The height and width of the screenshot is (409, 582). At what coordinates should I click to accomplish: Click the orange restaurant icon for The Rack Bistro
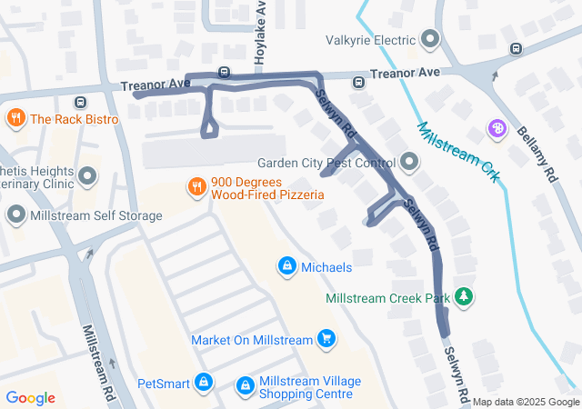tap(15, 118)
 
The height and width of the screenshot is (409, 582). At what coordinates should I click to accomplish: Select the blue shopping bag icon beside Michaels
tap(286, 266)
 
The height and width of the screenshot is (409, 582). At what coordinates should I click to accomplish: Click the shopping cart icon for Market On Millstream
tap(326, 340)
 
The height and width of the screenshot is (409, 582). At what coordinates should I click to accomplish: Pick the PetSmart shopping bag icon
tap(203, 383)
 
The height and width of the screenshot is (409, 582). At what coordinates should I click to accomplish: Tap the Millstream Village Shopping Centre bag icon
tap(245, 386)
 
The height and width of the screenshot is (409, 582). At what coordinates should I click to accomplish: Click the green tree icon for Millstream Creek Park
tap(465, 297)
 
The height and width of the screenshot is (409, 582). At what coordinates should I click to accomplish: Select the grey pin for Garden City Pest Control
tap(409, 163)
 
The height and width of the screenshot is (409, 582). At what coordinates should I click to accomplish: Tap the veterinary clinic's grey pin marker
tap(87, 175)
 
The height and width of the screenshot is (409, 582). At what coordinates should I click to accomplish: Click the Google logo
tap(30, 398)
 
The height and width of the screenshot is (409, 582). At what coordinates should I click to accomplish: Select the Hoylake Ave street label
tap(261, 32)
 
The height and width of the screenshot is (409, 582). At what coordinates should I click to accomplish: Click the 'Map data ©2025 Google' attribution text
tap(525, 402)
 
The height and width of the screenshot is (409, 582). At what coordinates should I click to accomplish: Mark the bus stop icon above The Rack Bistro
tap(81, 103)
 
